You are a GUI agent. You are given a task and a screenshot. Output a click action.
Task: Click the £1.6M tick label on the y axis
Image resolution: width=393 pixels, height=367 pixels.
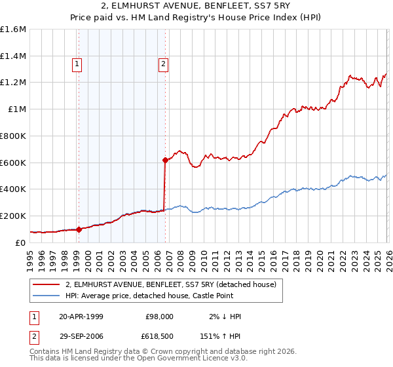[x=13, y=29]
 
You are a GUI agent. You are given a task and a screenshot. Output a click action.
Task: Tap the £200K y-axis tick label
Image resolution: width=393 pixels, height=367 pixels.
[x=13, y=216]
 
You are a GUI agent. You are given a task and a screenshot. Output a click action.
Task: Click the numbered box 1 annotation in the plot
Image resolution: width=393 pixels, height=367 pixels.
[x=78, y=64]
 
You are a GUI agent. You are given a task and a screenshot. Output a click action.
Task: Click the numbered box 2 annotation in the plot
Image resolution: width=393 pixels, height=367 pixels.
[x=162, y=64]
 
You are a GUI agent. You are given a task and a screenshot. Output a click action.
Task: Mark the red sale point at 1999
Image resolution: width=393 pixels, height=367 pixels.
[x=79, y=229]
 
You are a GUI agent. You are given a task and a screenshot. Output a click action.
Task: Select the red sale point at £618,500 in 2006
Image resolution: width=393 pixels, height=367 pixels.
[x=165, y=159]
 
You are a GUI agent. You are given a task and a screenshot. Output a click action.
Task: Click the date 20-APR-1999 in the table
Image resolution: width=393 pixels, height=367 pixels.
[x=81, y=316]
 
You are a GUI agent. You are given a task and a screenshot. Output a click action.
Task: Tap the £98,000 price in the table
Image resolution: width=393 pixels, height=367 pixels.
[x=160, y=316]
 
